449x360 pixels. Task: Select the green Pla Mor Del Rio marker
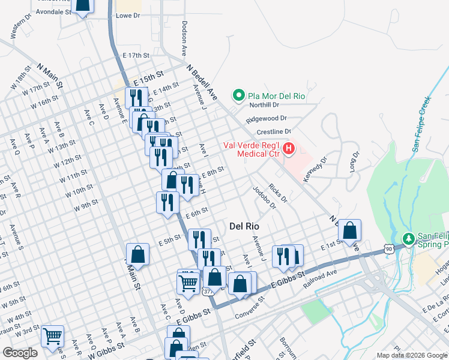238,95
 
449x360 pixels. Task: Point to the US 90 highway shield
389,248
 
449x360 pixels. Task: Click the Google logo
20,353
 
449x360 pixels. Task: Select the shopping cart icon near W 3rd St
53,336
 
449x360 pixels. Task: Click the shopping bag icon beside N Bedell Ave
349,230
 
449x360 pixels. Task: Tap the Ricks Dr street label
278,193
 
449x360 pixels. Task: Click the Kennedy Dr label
316,168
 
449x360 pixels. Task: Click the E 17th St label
135,55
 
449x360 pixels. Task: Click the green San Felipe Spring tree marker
408,239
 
